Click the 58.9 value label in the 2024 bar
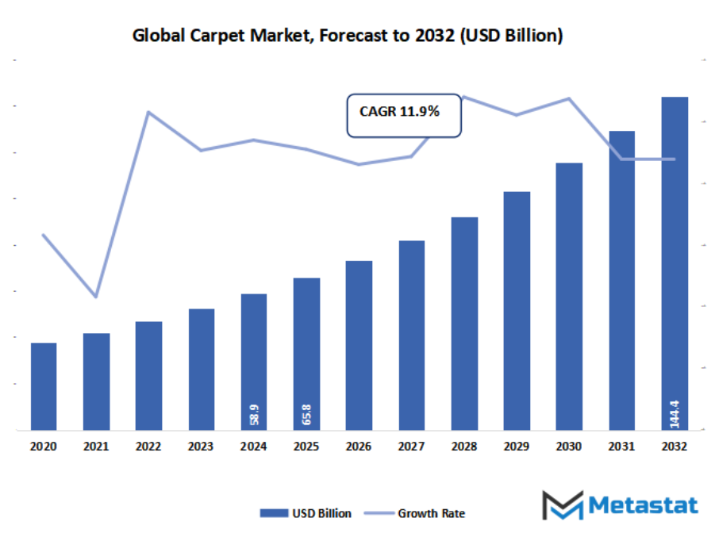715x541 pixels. pos(254,414)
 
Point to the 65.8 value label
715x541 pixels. pos(306,414)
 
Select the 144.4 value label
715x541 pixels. pos(675,412)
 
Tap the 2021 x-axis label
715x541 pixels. pos(96,447)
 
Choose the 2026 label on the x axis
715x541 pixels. pos(359,447)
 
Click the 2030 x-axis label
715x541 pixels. pos(569,447)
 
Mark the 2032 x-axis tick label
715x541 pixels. pos(675,447)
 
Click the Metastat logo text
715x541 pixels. pos(644,505)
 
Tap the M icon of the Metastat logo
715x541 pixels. pos(562,505)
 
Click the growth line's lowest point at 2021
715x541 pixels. pos(96,297)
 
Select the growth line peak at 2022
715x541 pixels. pos(148,112)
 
